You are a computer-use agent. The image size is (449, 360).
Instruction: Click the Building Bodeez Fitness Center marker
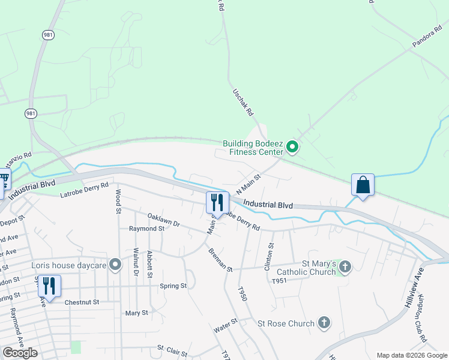[x=292, y=146]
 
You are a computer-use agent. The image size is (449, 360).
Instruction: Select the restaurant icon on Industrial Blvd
[x=217, y=202]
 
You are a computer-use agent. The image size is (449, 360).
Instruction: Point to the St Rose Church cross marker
[x=324, y=323]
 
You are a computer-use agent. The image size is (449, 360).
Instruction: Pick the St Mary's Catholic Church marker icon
[x=345, y=266]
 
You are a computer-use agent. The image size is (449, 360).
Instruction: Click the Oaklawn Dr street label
[x=163, y=219]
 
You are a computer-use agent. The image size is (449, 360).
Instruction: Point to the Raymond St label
[x=146, y=229]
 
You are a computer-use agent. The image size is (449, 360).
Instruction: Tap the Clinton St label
[x=270, y=257]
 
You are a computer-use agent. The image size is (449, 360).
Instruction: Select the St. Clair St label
[x=173, y=348]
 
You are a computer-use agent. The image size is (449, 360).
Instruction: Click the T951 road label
[x=280, y=281]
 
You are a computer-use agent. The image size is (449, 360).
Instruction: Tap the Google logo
[x=20, y=353]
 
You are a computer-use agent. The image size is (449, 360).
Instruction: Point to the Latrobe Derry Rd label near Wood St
[x=84, y=190]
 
